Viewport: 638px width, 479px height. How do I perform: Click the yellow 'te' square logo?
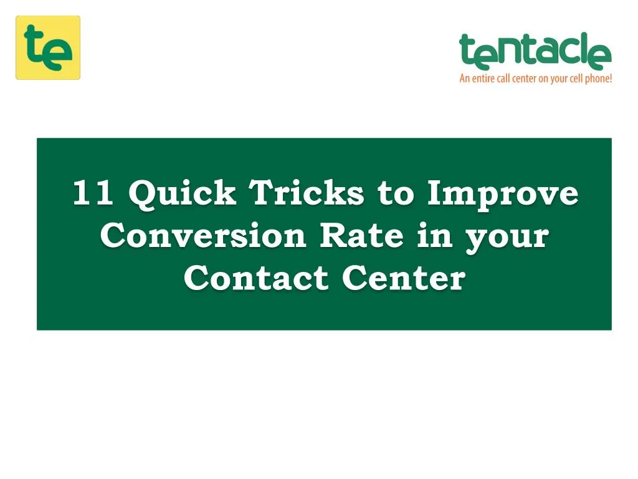[x=48, y=47]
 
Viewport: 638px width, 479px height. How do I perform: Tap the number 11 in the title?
[x=93, y=193]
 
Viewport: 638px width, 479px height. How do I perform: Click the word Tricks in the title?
[x=307, y=193]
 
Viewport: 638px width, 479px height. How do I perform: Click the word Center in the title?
[x=402, y=278]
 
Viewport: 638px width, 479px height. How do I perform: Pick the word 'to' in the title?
[x=396, y=194]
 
